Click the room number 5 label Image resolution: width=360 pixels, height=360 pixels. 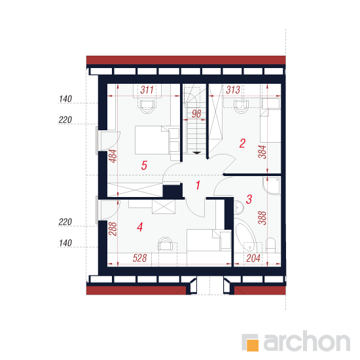[144, 166]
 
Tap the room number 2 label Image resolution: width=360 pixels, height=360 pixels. [242, 143]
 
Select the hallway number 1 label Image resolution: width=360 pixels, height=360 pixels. [198, 185]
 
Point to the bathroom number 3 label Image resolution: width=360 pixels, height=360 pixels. [249, 199]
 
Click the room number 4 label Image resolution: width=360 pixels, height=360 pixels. [140, 227]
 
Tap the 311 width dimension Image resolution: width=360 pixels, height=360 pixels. [147, 90]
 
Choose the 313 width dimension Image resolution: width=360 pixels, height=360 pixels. [233, 90]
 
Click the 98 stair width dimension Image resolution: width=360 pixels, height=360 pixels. [196, 114]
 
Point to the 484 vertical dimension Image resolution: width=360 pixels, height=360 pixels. [113, 156]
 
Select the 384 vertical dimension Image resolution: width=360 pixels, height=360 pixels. [262, 152]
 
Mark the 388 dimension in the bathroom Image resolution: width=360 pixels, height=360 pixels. [262, 218]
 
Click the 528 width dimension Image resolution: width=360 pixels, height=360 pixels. [140, 259]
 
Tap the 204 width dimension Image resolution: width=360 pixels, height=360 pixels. [253, 259]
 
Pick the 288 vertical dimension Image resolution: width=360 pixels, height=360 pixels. [113, 229]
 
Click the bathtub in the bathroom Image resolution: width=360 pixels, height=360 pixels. [245, 235]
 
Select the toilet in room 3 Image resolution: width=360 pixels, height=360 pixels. [271, 245]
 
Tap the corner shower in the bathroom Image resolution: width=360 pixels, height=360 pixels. [272, 185]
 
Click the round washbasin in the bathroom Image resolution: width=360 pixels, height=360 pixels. [239, 207]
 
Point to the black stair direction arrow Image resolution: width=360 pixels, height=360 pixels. [196, 153]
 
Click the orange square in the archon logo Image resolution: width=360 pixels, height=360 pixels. [253, 346]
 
